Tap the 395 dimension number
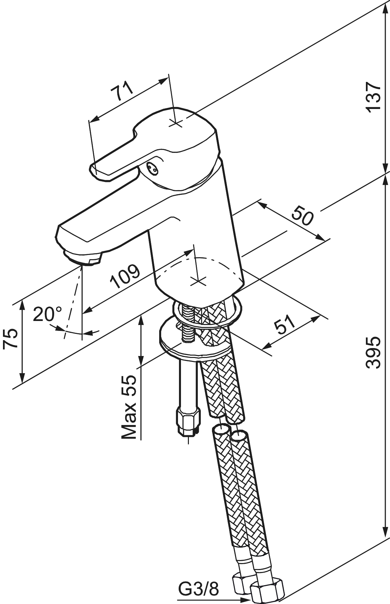[x=373, y=352]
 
